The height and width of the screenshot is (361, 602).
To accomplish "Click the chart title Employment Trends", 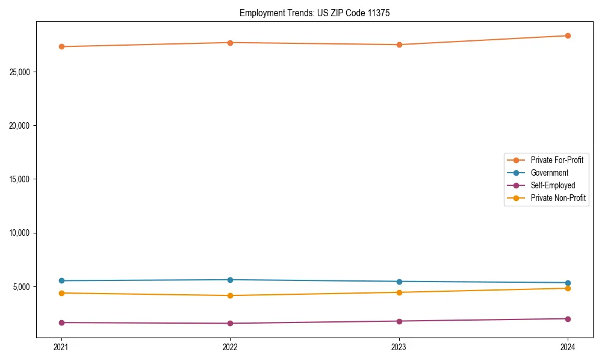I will click(314, 13).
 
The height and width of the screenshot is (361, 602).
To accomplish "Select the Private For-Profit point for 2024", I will click(568, 35).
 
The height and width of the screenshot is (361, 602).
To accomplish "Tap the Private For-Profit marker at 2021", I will click(61, 46).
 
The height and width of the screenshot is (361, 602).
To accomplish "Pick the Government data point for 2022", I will click(230, 280).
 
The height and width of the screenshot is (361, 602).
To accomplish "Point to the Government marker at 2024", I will click(568, 283).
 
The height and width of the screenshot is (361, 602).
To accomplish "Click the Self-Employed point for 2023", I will click(399, 321).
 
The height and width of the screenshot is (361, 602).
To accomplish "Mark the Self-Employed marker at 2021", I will click(61, 322).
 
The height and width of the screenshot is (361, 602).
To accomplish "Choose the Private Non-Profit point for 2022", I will click(230, 295).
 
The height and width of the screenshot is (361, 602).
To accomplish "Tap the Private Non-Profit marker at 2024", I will click(568, 288).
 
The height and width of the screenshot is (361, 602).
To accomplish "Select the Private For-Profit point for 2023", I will click(399, 45).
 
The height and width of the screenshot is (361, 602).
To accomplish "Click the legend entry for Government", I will click(549, 173).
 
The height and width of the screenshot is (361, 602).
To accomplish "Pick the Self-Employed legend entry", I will click(553, 185).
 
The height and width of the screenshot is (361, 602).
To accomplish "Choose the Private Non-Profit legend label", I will click(558, 198).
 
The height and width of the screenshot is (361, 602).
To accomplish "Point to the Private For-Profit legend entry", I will click(557, 160).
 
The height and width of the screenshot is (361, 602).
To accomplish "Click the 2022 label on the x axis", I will click(230, 347).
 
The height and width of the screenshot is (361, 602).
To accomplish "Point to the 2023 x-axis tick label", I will click(399, 347).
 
